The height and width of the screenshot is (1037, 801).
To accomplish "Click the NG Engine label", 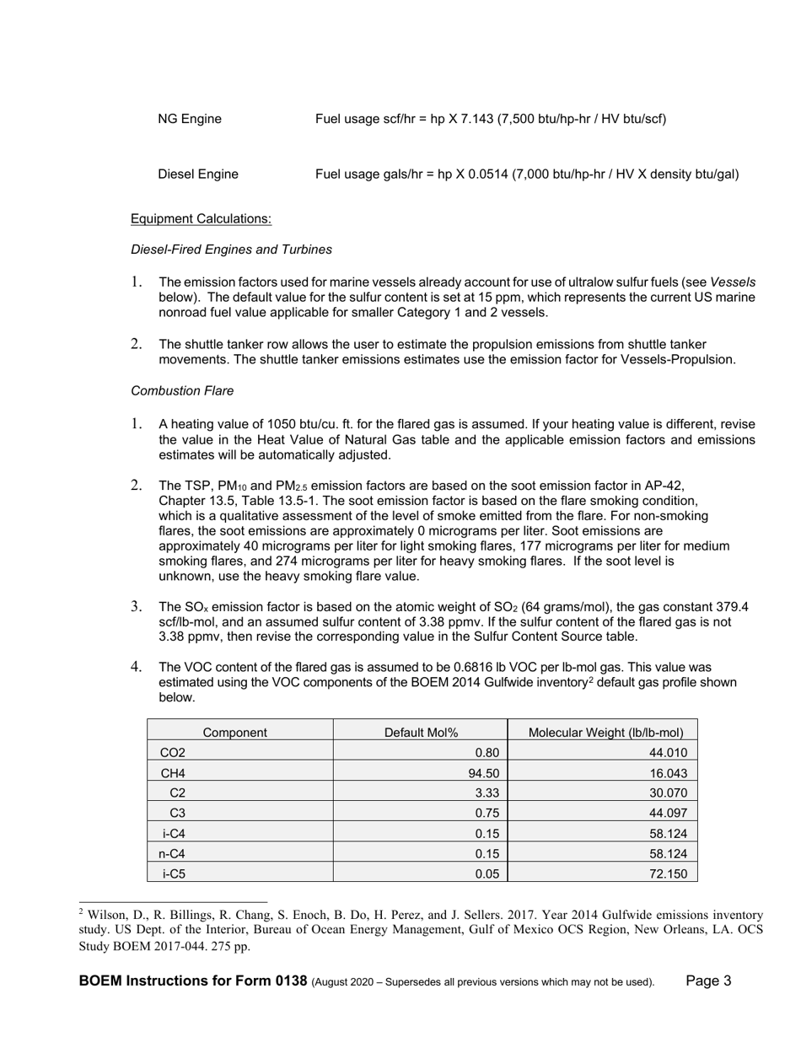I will coord(190,119).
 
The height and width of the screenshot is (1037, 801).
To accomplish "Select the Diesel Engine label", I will coord(198,175).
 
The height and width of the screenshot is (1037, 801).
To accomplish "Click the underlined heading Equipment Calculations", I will coord(201,219).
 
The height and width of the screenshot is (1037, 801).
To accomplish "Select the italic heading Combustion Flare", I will coord(182,391).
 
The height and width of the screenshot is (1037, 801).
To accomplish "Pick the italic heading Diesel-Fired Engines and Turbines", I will coord(231,250).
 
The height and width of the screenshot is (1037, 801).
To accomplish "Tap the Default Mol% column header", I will coord(421,733).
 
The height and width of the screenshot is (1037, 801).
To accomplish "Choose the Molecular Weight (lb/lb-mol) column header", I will coord(605,733).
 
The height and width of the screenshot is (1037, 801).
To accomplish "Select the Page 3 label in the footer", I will coord(708,981).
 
